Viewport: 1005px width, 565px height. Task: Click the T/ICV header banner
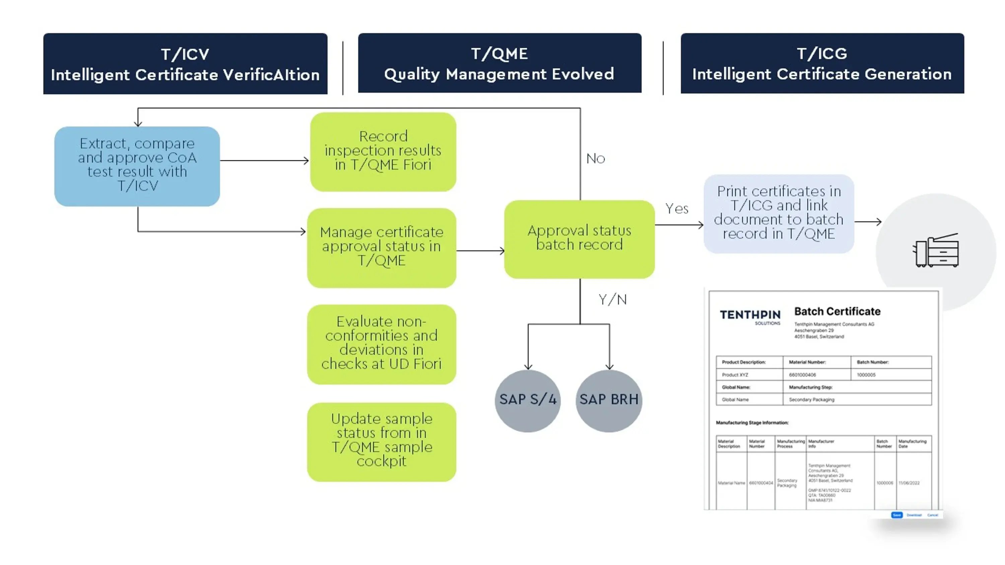click(x=185, y=64)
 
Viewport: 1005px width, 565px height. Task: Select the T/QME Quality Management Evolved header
click(x=499, y=63)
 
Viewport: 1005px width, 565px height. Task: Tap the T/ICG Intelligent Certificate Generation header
click(x=822, y=63)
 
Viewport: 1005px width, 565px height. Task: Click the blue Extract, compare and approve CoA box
click(x=137, y=166)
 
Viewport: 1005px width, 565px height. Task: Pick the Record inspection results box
click(x=383, y=152)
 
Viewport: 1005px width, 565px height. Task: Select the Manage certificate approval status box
click(x=381, y=248)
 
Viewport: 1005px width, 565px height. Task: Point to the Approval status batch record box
click(x=579, y=239)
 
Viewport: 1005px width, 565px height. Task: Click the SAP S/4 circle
click(x=528, y=400)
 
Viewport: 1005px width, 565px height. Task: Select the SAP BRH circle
click(x=609, y=400)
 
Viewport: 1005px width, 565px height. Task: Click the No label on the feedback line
click(x=595, y=159)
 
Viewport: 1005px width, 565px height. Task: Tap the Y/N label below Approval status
click(x=612, y=300)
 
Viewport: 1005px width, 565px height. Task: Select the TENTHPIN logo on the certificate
click(x=750, y=316)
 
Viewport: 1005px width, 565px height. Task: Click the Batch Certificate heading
click(x=837, y=312)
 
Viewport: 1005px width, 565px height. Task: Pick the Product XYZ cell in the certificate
click(x=735, y=375)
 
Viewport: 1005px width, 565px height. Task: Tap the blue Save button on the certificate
click(x=896, y=515)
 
